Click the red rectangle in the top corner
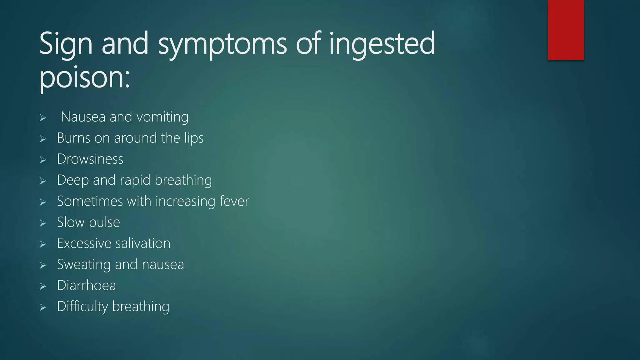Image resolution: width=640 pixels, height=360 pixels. (x=566, y=30)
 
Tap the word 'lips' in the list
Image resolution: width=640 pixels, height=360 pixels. (x=194, y=138)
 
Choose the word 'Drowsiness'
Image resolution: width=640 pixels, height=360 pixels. (x=90, y=159)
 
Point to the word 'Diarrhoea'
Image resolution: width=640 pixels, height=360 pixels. (x=86, y=286)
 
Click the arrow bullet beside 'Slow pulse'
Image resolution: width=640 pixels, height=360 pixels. (x=43, y=223)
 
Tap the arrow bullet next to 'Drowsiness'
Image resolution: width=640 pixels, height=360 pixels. (x=43, y=160)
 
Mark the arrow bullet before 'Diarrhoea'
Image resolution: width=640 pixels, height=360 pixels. (x=43, y=286)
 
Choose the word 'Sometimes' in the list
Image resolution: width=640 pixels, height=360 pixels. (x=90, y=201)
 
